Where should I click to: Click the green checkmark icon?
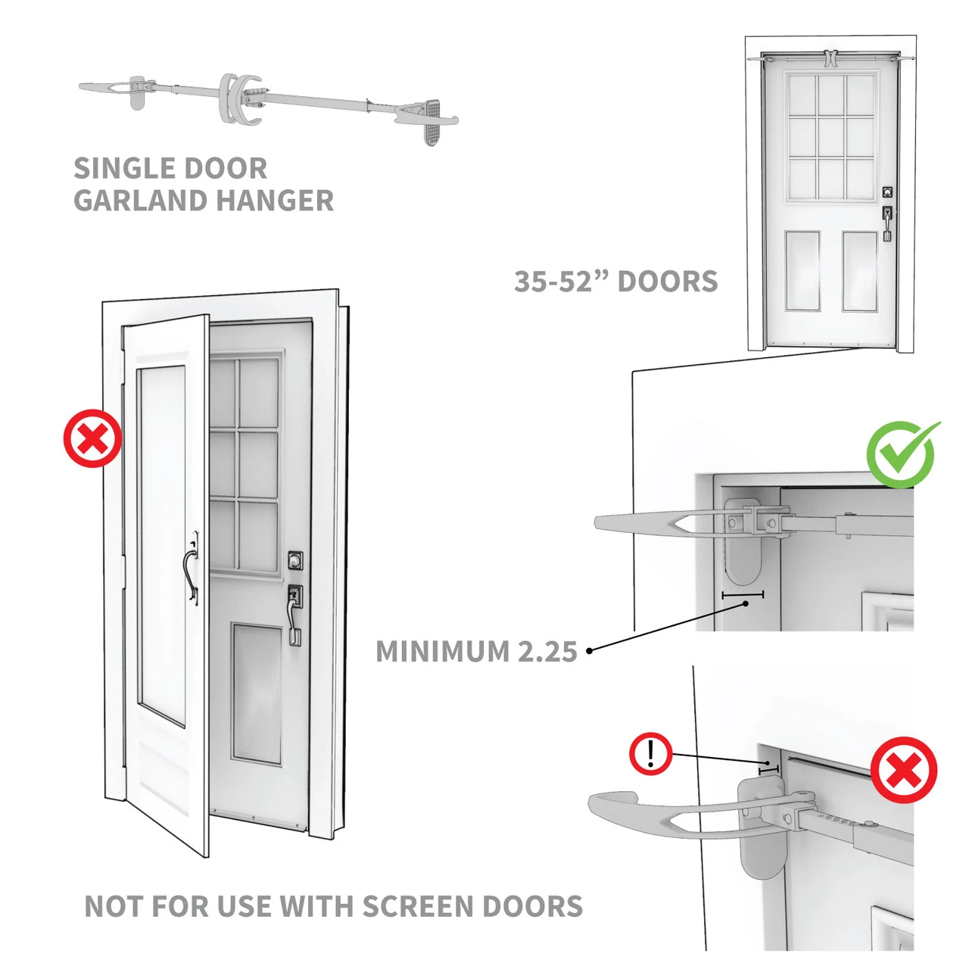click(901, 454)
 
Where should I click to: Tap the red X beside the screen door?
click(92, 438)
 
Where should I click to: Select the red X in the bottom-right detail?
click(903, 770)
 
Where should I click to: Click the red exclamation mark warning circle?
click(650, 754)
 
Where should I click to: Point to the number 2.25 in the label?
click(547, 652)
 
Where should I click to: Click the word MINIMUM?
click(443, 652)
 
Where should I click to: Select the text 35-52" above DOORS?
click(562, 282)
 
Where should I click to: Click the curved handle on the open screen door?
click(192, 568)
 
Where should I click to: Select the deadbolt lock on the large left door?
click(295, 560)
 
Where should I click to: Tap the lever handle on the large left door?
click(294, 613)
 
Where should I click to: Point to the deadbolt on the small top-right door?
click(887, 192)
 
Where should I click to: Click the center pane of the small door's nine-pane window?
click(830, 136)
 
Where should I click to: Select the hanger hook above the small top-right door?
click(830, 58)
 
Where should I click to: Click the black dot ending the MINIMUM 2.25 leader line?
click(590, 650)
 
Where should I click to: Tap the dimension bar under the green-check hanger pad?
click(742, 595)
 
